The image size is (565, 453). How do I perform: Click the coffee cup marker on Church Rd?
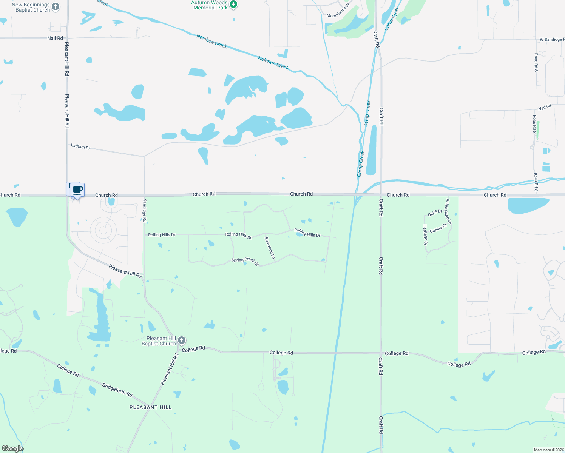coord(77,190)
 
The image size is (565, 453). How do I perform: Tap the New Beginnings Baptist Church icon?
coord(56,6)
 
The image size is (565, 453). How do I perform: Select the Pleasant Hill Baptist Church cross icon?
coord(182,341)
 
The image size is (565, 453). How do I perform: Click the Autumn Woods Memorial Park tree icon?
coord(234,5)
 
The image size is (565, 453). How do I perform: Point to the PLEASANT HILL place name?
coord(150,407)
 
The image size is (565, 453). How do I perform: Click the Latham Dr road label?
coord(80,146)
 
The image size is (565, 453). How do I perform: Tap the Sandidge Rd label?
coord(145,210)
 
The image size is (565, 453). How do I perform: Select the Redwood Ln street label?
coord(270,248)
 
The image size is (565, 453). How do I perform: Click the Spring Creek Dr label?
coord(245,261)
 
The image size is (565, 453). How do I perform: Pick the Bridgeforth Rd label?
coord(117,390)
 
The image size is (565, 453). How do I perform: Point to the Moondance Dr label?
coord(338,11)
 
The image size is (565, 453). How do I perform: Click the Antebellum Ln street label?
coord(449,212)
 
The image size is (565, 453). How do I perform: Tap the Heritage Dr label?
coord(425,235)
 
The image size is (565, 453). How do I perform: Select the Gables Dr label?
coord(438,228)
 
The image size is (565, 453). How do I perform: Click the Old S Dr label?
coord(435,213)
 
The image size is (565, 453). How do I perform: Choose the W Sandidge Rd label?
coord(552,39)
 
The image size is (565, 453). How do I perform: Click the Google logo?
coord(13,448)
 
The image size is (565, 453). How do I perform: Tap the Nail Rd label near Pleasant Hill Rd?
coord(55,38)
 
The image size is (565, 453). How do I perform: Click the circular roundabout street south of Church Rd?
coord(103,230)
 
